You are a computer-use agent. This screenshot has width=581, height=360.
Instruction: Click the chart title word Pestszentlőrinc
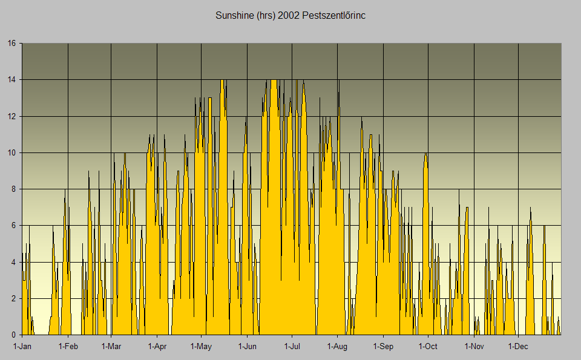332,15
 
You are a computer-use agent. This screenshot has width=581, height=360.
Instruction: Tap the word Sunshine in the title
232,15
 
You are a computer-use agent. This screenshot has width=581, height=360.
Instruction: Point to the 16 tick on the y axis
12,44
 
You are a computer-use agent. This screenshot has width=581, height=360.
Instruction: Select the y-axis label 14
12,80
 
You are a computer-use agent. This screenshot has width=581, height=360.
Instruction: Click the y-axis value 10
12,152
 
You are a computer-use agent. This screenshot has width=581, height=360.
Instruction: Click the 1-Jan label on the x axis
22,347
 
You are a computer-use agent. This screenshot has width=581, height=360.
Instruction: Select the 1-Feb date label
68,347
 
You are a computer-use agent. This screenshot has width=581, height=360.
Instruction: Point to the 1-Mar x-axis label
111,347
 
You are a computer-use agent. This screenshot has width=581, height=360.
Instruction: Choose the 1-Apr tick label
157,347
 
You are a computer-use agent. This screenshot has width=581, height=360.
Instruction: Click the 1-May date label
201,347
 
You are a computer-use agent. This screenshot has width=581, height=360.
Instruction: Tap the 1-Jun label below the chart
247,347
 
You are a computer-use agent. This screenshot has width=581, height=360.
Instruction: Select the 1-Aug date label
337,347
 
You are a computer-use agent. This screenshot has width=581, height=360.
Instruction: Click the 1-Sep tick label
382,347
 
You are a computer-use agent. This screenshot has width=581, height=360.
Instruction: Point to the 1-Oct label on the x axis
427,347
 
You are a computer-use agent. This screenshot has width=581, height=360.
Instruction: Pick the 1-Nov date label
473,347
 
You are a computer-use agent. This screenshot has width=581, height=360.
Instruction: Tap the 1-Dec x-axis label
518,347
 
